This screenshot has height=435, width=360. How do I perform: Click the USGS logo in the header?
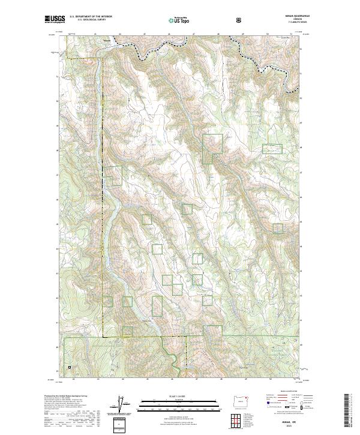click(55, 20)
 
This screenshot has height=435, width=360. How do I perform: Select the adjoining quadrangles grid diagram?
click(241, 418)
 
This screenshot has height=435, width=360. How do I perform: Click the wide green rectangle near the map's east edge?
click(272, 149)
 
